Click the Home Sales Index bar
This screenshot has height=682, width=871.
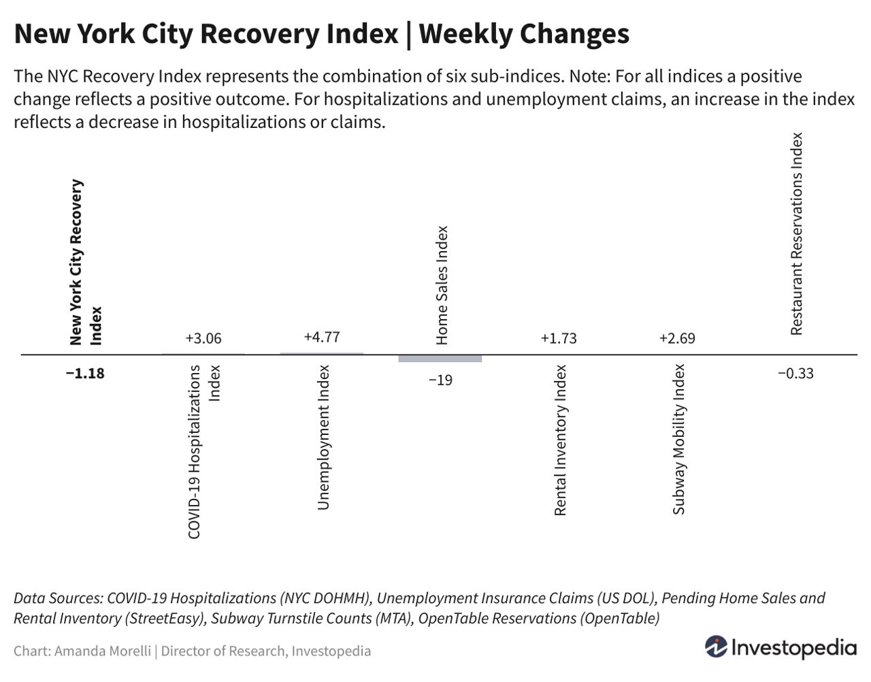(440, 359)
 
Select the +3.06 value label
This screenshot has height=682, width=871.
(203, 338)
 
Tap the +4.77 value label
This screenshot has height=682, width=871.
(322, 337)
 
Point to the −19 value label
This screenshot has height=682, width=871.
(440, 380)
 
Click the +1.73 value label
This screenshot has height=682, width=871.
(559, 338)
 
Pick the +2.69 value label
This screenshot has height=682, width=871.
(677, 338)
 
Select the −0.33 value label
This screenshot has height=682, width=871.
(795, 373)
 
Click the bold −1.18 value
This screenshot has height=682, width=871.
(85, 373)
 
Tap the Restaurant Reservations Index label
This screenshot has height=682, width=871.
(796, 233)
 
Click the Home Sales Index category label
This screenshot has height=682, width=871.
(442, 285)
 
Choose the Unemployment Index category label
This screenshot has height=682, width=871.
(323, 437)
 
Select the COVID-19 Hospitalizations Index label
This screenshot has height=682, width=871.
(203, 451)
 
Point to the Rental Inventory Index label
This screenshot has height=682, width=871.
(560, 440)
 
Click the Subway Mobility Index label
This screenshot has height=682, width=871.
(678, 439)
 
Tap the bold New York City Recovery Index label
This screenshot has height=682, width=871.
(85, 262)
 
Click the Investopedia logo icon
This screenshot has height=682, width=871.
(715, 647)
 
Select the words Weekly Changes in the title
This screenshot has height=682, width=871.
(524, 33)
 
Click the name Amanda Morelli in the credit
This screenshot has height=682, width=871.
(102, 651)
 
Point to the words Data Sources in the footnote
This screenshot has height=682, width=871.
(57, 598)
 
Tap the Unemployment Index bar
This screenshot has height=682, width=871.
(322, 353)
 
